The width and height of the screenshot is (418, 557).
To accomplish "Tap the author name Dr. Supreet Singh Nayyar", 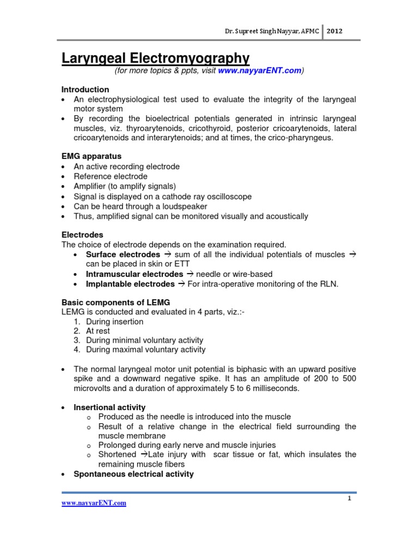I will click(x=273, y=32).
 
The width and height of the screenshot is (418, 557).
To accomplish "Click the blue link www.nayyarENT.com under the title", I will click(x=259, y=71).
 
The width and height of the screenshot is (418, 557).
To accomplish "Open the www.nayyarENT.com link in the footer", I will click(x=94, y=503).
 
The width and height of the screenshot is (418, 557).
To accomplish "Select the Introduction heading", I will click(x=85, y=89).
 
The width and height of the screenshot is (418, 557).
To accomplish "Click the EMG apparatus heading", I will click(x=91, y=156).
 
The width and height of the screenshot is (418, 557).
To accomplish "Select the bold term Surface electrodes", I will click(x=123, y=255).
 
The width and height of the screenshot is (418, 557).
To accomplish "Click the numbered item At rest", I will click(x=97, y=331).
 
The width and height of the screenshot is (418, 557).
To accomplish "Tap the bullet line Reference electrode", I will click(x=110, y=176).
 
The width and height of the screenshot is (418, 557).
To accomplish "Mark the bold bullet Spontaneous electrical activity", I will click(x=134, y=474).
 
